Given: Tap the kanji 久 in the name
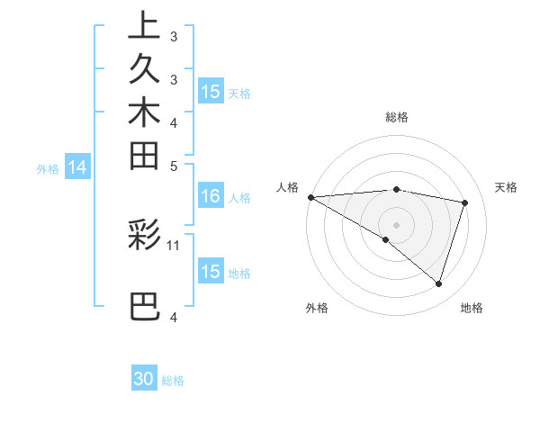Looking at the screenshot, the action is [144, 68].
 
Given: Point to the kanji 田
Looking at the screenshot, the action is [144, 156].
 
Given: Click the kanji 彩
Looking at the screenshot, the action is [144, 234].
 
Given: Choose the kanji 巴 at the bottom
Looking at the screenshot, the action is [144, 306].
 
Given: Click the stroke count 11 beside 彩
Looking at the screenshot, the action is [174, 244].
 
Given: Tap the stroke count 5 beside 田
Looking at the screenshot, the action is [174, 166].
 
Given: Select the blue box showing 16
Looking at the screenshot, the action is [211, 197].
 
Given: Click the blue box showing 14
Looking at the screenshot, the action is [78, 166].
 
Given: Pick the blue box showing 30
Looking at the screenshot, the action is [144, 379].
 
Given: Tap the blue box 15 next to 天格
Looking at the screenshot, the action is [211, 92].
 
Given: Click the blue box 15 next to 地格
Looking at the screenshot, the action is [211, 272].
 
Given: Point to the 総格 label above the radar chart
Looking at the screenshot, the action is [397, 117].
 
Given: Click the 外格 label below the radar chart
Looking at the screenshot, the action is [317, 309].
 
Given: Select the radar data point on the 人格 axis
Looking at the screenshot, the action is [310, 196].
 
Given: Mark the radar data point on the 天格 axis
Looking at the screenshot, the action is [465, 202].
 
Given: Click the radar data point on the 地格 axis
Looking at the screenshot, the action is [439, 284].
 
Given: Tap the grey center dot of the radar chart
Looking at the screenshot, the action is [396, 224].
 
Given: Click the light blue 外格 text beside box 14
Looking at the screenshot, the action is [48, 167].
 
